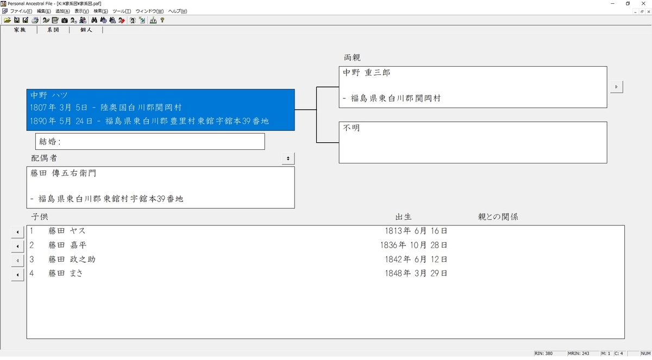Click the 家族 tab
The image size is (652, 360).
20,30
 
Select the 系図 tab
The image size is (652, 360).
53,30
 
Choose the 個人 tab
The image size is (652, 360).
86,30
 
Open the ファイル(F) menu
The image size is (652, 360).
21,11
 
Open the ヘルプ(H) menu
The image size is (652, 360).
177,11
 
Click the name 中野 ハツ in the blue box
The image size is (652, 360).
49,95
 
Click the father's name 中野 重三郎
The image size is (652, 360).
366,72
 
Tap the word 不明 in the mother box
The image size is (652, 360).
352,128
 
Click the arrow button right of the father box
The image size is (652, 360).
616,87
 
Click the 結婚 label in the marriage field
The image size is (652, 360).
50,142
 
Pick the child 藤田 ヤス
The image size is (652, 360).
67,231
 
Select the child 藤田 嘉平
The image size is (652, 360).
67,245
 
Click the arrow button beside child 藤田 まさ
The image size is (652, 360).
18,275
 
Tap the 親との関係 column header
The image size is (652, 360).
498,217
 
